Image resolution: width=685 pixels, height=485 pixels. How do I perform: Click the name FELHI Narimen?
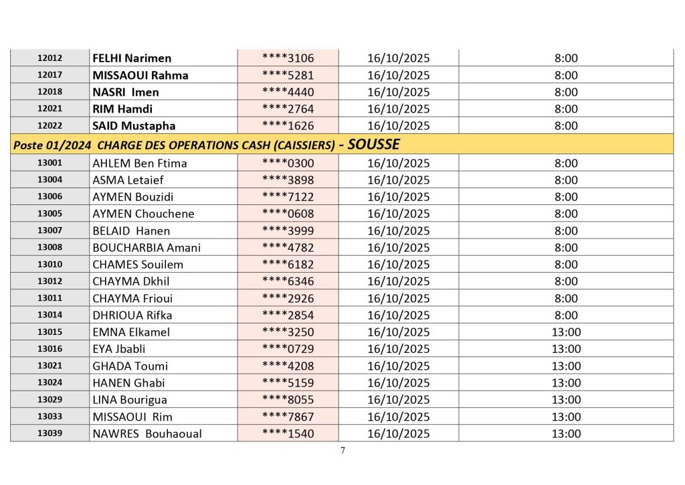pos(132,58)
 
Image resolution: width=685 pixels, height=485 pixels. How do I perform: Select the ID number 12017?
pos(50,75)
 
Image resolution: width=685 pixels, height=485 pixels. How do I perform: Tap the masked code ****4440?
pos(288,92)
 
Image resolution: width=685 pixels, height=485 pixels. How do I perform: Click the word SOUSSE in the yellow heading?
pos(375,144)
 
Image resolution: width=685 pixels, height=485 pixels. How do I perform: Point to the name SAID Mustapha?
pos(134,125)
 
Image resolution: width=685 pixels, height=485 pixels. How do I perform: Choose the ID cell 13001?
pos(50,163)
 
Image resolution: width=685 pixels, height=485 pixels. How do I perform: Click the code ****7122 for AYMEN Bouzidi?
pos(288,197)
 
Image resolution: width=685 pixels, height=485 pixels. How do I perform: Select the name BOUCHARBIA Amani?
pos(146,248)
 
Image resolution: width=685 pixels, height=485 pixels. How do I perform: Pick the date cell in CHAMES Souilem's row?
pos(399,265)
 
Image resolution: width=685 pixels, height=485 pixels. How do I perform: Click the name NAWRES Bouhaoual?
pos(147,433)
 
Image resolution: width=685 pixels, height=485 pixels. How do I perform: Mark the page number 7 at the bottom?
pos(342,451)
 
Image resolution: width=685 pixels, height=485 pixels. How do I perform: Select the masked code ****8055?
pos(288,400)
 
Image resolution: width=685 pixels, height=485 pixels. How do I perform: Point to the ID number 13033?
pos(50,417)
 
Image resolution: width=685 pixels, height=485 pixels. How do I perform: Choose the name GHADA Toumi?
pos(130,366)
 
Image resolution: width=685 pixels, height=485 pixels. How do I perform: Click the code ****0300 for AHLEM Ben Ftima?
pos(288,163)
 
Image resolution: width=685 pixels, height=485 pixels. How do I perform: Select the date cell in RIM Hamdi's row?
pos(399,109)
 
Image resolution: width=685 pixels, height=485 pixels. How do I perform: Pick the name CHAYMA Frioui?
pos(134,298)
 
